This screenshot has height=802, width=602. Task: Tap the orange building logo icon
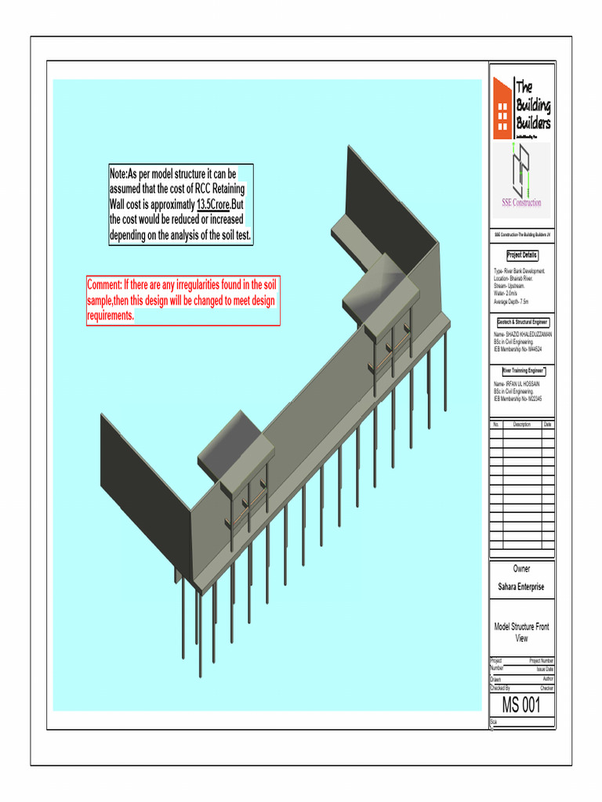[501, 105]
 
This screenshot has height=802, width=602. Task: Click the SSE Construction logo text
[521, 203]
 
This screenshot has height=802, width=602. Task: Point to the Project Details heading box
[522, 255]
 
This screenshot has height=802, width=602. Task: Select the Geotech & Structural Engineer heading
[522, 322]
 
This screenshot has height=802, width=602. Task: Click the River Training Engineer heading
[522, 370]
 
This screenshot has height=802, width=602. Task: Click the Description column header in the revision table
[521, 424]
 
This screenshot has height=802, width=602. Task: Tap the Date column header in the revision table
[547, 424]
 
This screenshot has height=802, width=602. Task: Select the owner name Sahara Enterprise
[521, 587]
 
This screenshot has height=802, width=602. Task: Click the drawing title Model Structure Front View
[521, 632]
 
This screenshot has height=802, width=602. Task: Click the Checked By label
[505, 688]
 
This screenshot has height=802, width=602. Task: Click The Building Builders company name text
[533, 106]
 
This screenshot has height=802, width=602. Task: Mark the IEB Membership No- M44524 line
[519, 349]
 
